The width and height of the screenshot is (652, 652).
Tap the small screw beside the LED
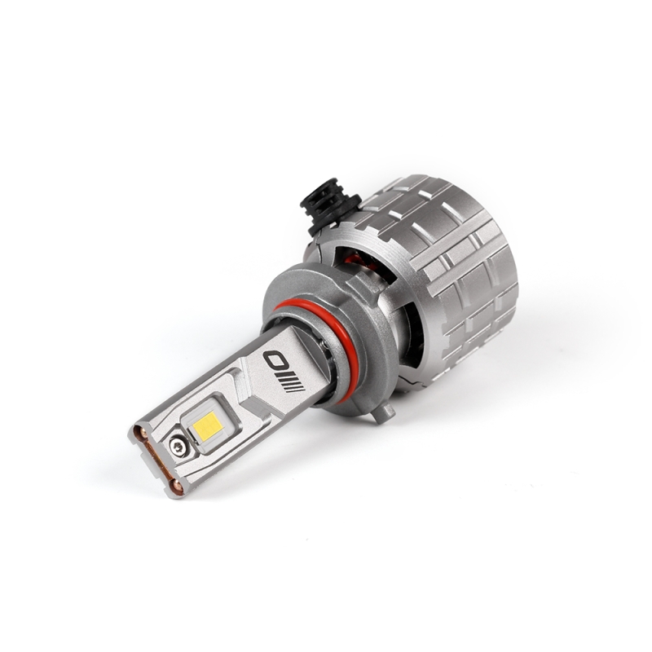click(177, 444)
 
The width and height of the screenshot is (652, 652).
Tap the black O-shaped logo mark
click(273, 359)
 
